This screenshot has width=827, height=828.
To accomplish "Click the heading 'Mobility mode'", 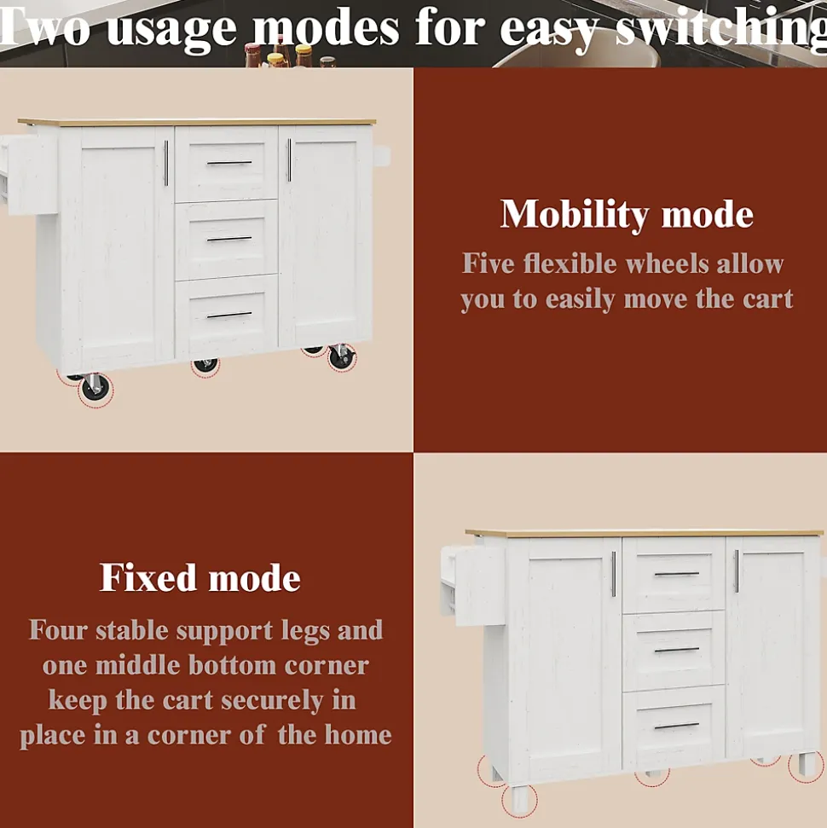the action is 627,214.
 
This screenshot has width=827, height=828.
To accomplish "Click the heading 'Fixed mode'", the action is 200,577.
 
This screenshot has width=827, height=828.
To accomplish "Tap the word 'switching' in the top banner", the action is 720,29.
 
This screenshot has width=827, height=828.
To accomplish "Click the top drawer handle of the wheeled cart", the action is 229,163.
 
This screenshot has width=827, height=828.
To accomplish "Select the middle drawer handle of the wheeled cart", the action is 229,240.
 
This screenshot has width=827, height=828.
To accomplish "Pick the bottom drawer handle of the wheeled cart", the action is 229,316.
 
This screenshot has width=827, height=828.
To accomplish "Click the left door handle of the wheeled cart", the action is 165,163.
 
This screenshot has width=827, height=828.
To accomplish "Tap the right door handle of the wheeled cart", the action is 289,160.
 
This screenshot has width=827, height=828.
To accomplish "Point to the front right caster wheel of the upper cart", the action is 342,357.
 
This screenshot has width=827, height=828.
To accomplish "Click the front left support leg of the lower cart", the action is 520,798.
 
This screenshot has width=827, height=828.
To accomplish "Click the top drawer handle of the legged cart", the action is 676,574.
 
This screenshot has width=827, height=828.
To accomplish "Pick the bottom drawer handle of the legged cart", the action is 676,726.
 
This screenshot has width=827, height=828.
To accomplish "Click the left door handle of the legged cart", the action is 614,574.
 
